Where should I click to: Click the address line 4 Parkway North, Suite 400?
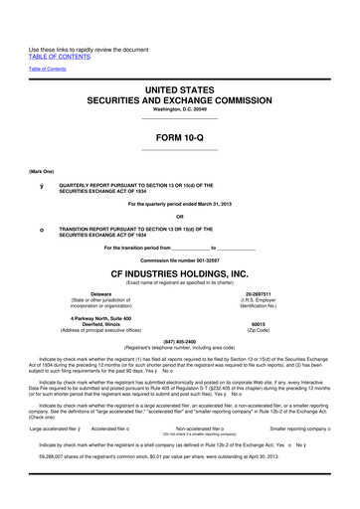[101, 316]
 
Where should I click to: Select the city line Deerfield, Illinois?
[101, 323]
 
